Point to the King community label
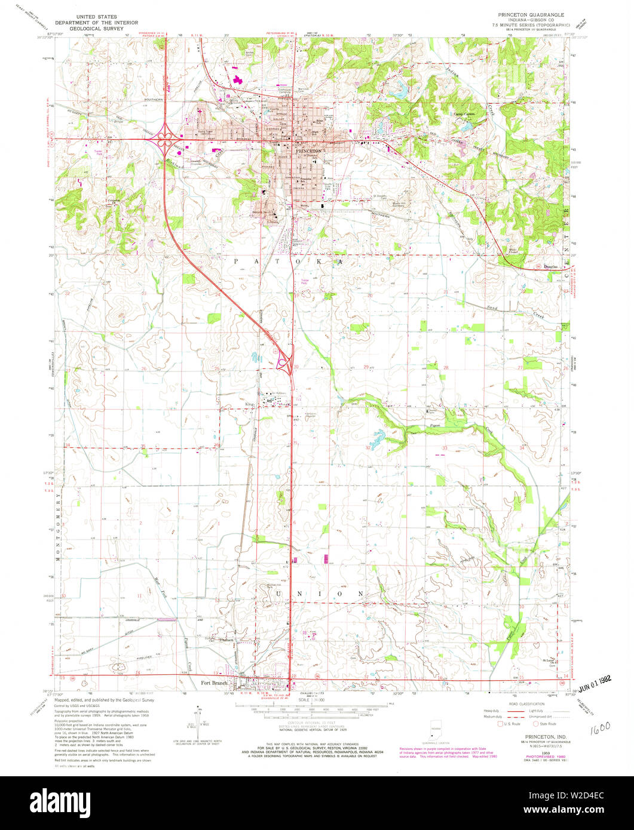tap(250, 404)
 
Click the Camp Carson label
tap(464, 113)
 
